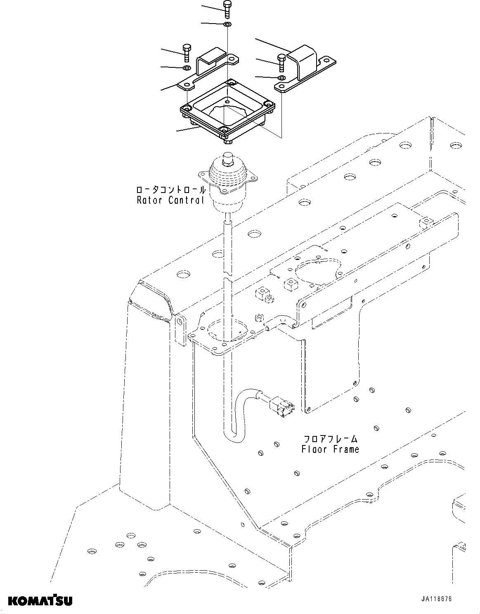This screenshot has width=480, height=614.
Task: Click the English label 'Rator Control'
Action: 170,200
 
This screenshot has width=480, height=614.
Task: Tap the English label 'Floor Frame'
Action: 330,449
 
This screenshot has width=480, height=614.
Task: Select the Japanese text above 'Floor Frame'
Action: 330,439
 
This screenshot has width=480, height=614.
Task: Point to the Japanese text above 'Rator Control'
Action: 171,190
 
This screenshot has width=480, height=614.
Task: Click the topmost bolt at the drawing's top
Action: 227,9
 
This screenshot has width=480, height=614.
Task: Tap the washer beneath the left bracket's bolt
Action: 187,67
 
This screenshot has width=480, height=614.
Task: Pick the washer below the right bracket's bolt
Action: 281,77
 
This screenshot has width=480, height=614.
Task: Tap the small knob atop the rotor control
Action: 227,157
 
